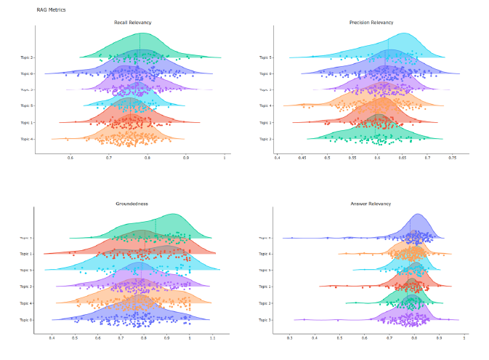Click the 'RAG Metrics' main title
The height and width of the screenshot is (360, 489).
(51, 9)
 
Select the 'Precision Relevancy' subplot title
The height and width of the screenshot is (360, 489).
(371, 23)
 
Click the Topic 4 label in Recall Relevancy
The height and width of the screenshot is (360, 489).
(27, 138)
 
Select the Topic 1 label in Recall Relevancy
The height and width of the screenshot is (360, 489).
(27, 122)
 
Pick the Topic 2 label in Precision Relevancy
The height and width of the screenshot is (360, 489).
(266, 138)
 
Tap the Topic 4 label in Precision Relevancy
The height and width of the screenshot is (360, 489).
(266, 105)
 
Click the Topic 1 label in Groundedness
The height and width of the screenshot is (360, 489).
(27, 254)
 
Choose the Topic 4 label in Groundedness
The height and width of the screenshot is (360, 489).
(27, 303)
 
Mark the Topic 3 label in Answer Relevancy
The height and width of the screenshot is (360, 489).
(266, 319)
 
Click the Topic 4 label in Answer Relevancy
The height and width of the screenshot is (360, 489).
(266, 254)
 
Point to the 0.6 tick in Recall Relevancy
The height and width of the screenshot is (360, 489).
(70, 157)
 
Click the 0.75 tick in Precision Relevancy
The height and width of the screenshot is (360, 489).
(452, 157)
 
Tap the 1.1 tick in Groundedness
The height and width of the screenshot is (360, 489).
(213, 338)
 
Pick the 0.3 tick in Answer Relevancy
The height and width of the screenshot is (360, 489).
(289, 338)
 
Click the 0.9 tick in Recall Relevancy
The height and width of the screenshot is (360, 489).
(186, 157)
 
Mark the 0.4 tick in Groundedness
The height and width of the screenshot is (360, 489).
(52, 338)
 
